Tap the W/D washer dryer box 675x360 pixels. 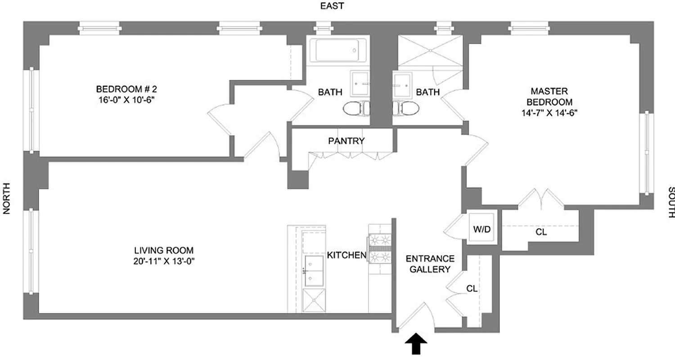(481, 229)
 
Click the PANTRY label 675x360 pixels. (346, 141)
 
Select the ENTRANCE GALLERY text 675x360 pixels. (430, 264)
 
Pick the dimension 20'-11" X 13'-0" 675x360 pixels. (163, 260)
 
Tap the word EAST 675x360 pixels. (332, 6)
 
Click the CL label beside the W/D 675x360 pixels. (541, 233)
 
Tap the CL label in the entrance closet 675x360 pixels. (472, 289)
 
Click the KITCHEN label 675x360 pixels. (346, 256)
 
